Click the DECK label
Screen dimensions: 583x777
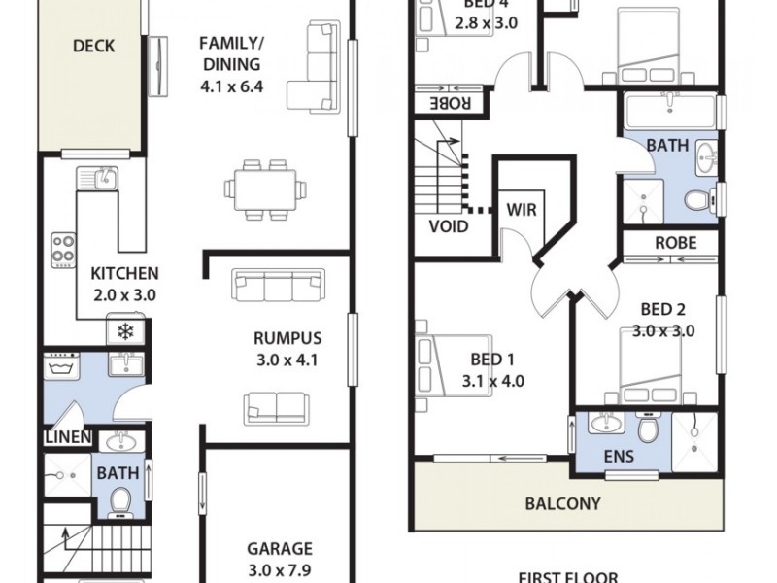pyautogui.click(x=93, y=46)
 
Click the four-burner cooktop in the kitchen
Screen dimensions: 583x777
pyautogui.click(x=64, y=249)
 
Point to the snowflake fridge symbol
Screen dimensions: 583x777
pyautogui.click(x=124, y=331)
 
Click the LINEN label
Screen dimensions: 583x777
pyautogui.click(x=67, y=438)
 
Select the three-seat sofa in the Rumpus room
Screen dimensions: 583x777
pyautogui.click(x=278, y=285)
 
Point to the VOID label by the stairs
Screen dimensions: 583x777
pyautogui.click(x=449, y=226)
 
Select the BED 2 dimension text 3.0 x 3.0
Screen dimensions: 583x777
pyautogui.click(x=663, y=330)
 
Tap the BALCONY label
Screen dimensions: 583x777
pyautogui.click(x=562, y=504)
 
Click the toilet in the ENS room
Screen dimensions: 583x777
pyautogui.click(x=648, y=428)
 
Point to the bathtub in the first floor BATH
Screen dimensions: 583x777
pyautogui.click(x=670, y=111)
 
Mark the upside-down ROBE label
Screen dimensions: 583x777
pyautogui.click(x=450, y=102)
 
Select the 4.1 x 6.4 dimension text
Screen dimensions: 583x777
pyautogui.click(x=229, y=86)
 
